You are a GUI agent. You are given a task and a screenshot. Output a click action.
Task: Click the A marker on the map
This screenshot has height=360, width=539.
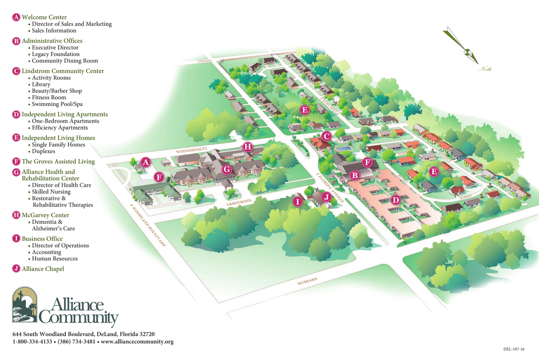146,162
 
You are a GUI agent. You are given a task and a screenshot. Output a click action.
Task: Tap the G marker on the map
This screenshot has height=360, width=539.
226,169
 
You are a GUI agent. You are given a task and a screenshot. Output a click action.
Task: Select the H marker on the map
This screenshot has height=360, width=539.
247,146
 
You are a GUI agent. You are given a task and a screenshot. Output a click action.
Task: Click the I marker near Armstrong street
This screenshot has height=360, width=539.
298,202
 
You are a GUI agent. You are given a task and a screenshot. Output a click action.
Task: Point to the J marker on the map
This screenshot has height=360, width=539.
326,197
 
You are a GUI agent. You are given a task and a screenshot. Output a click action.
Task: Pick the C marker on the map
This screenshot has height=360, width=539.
326,136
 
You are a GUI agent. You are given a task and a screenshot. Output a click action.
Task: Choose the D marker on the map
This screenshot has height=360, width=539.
395,200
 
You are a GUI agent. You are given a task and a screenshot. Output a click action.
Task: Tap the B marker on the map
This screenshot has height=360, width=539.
354,175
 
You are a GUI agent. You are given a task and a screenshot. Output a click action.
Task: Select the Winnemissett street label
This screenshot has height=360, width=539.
192,150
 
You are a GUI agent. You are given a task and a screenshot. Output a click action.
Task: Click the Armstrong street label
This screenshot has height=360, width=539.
239,202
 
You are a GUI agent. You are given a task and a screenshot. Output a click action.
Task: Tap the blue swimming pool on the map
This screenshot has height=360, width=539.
344,149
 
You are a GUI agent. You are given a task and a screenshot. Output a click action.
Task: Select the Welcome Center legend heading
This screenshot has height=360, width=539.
44,17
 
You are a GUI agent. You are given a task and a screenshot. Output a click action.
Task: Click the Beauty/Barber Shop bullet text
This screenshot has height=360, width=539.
57,91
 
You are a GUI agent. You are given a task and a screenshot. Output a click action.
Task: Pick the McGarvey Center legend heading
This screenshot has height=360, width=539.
45,215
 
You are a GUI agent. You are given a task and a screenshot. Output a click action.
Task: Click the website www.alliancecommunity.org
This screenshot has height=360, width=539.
137,341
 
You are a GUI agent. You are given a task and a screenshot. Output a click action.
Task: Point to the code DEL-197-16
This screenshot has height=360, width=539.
514,349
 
